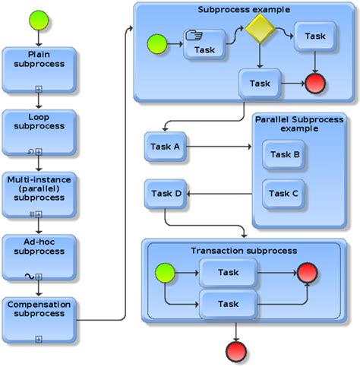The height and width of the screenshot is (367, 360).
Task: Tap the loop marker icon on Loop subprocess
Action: [x=30, y=152]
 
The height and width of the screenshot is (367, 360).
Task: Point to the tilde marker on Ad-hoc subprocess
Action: [x=29, y=276]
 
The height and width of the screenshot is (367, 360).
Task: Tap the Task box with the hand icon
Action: [x=205, y=45]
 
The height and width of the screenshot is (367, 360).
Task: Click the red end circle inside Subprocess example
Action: [x=315, y=84]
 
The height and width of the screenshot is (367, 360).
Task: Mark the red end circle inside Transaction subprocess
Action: [x=308, y=274]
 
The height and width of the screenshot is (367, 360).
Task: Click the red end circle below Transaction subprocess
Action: [x=238, y=350]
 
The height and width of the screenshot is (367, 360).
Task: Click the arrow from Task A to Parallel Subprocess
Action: [x=220, y=147]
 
